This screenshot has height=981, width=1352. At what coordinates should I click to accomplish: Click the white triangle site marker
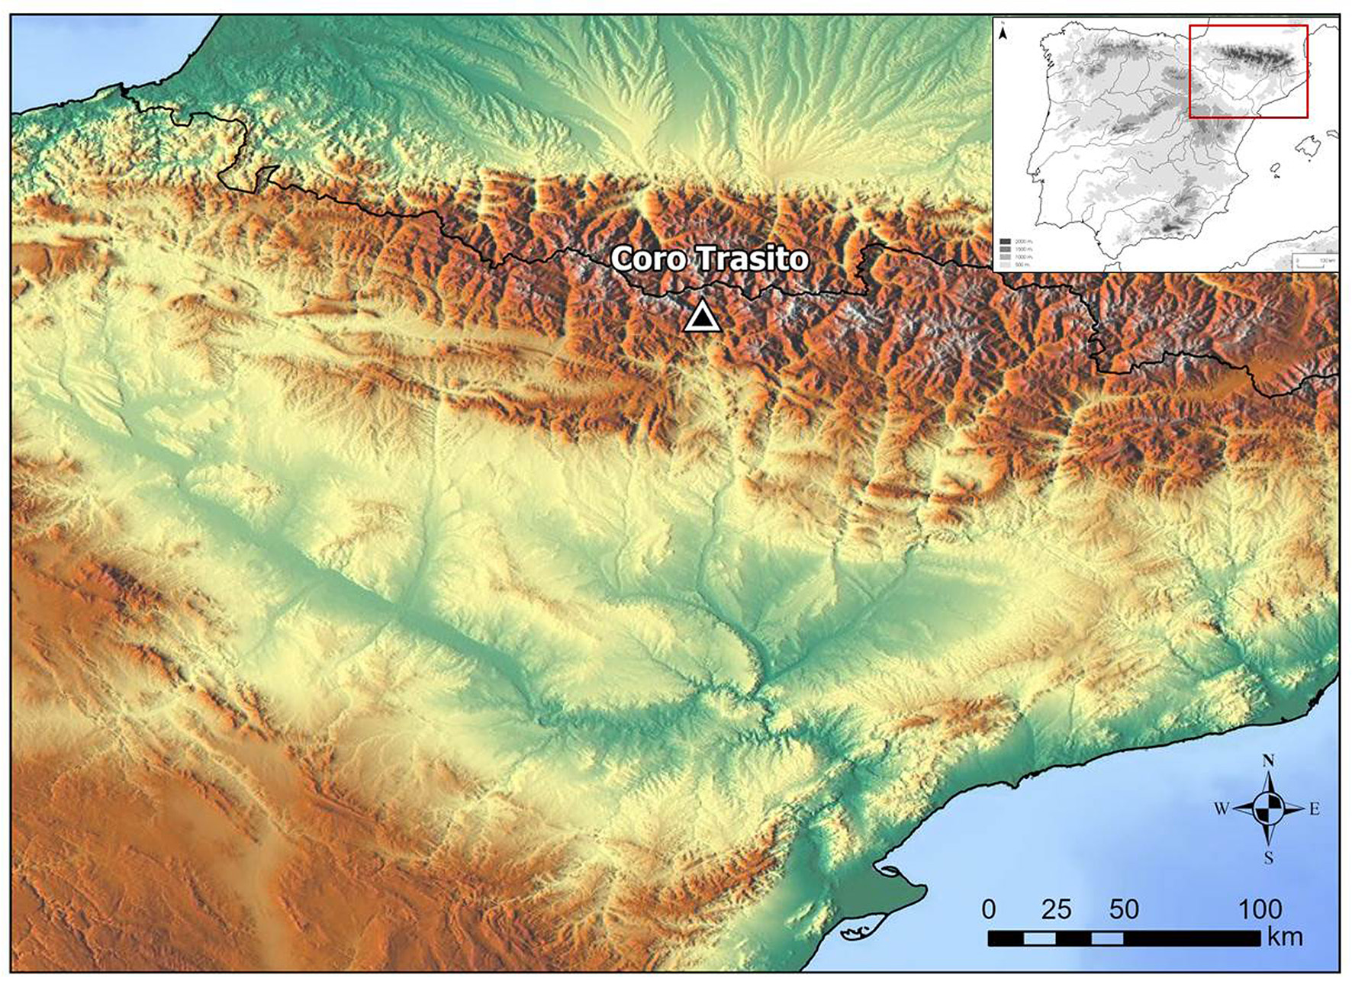tap(702, 318)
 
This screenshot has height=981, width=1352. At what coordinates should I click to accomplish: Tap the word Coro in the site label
tap(649, 259)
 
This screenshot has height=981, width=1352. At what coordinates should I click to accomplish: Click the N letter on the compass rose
tap(1268, 761)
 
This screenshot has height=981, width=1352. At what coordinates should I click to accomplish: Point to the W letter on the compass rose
tap(1221, 809)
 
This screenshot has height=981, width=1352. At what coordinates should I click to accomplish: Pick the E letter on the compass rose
tap(1315, 809)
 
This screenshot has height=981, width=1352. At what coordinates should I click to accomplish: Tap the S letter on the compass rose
tap(1268, 858)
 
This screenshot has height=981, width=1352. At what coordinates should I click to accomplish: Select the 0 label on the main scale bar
tap(989, 909)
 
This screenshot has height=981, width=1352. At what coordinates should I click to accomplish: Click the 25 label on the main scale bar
tap(1056, 909)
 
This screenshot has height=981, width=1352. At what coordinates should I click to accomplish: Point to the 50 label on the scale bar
tap(1124, 909)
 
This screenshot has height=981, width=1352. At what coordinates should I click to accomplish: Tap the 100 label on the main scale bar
tap(1259, 909)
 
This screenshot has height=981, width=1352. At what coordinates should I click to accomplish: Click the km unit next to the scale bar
tap(1285, 937)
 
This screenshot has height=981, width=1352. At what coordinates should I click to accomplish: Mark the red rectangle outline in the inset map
tap(1249, 26)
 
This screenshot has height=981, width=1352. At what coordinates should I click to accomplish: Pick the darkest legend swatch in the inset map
tap(1006, 241)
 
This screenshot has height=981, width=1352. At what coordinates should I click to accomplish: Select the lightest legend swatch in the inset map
tap(1006, 265)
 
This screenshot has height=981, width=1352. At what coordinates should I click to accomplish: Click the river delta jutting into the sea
tap(900, 885)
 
